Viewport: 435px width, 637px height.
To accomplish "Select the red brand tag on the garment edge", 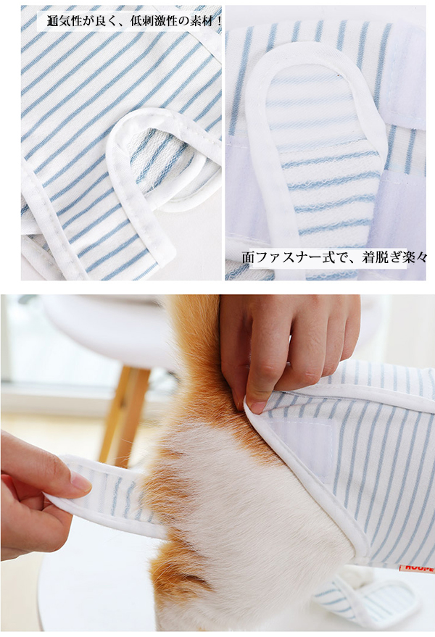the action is [417, 567].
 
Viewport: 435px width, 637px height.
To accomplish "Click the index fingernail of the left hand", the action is [80, 481].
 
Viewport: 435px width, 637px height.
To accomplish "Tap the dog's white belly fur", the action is [252, 528].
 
